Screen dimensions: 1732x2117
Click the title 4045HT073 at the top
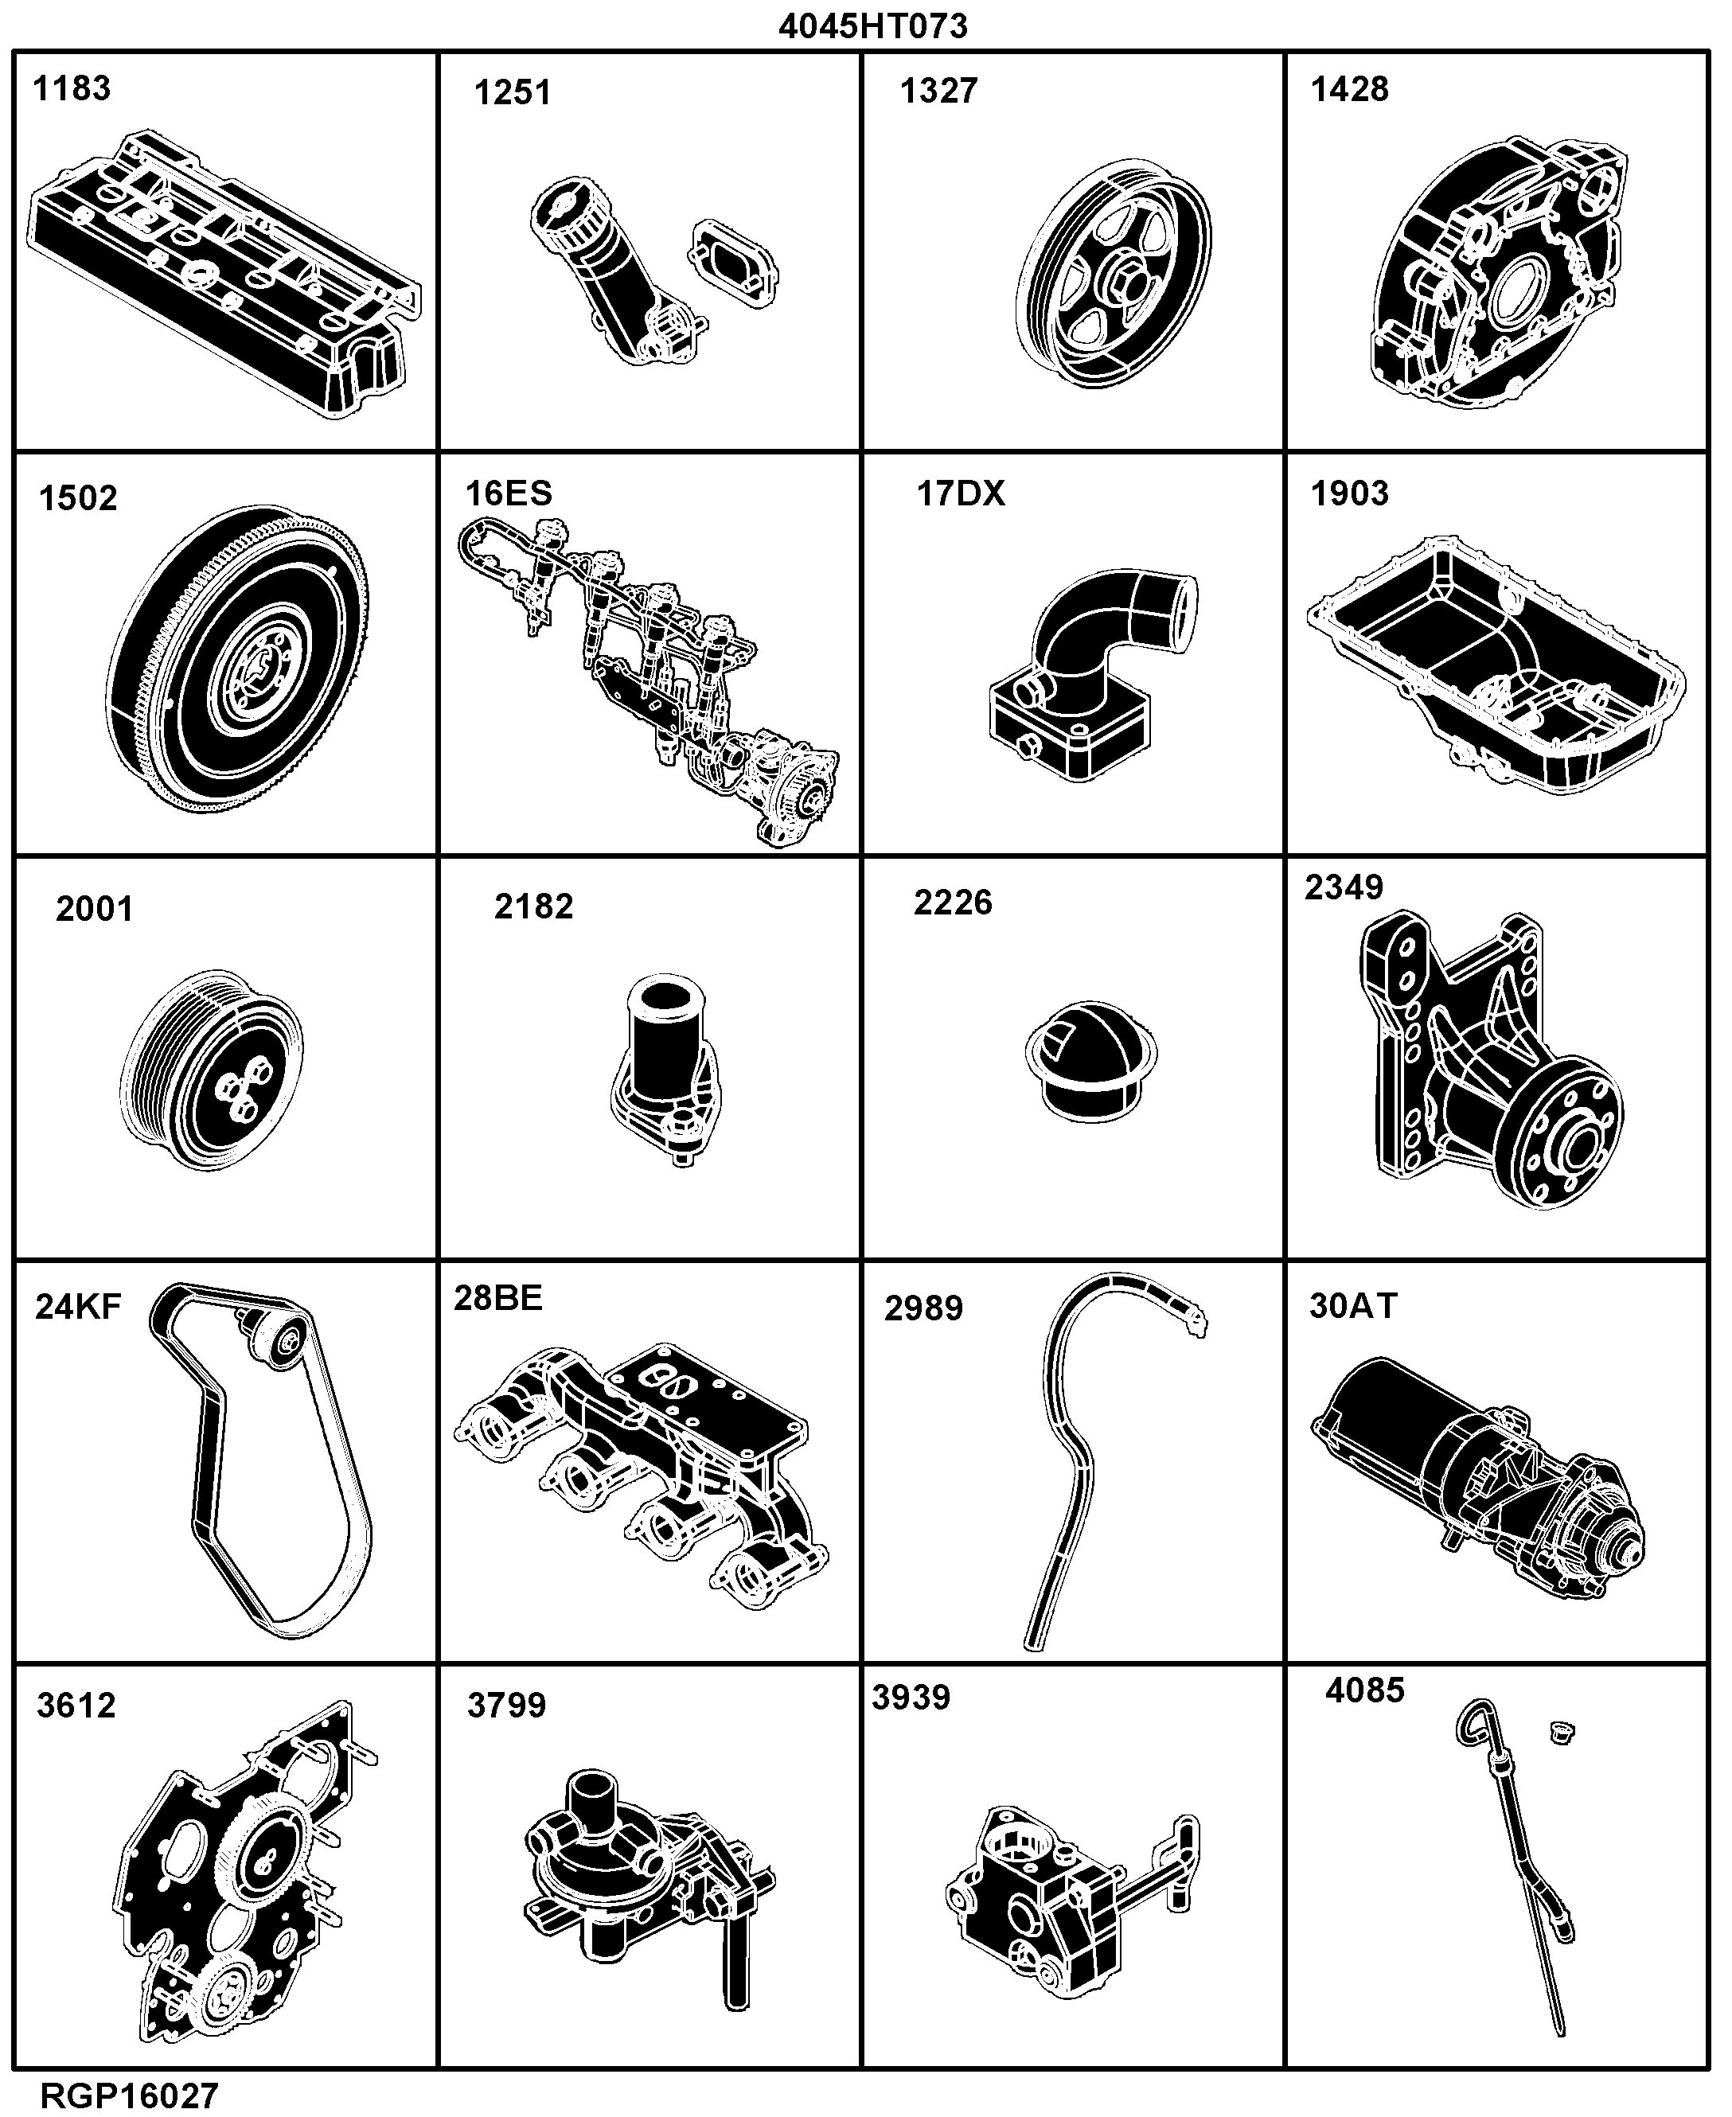pos(873,26)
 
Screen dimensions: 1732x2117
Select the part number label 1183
pos(72,89)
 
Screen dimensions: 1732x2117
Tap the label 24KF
pos(78,1307)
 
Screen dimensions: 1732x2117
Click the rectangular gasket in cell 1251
pos(733,261)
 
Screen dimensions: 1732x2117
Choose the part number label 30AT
pos(1353,1306)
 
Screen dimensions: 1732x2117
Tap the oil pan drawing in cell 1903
pos(1496,665)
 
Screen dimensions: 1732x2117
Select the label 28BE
pos(497,1298)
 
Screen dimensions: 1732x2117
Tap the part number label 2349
pos(1344,887)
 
